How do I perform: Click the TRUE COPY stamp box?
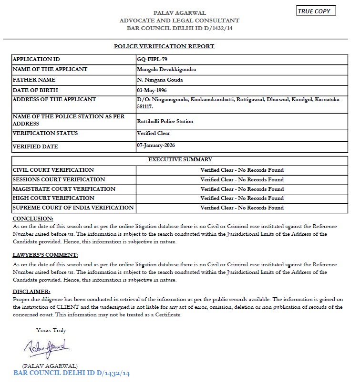click(x=317, y=10)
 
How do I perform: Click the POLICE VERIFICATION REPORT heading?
click(x=164, y=46)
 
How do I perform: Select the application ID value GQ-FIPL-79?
click(x=151, y=59)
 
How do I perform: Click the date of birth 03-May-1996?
click(x=152, y=90)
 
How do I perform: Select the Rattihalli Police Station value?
click(x=165, y=121)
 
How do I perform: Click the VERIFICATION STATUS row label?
click(x=45, y=133)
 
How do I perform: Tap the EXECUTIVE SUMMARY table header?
click(x=180, y=159)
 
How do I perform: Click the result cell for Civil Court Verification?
click(x=242, y=170)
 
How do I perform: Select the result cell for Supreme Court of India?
click(x=242, y=208)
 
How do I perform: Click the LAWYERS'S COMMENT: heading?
click(x=45, y=255)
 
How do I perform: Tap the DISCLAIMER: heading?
click(x=31, y=292)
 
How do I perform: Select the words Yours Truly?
click(x=51, y=330)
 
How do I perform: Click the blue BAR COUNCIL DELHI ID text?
click(x=72, y=373)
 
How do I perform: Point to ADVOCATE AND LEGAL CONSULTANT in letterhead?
click(x=179, y=21)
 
